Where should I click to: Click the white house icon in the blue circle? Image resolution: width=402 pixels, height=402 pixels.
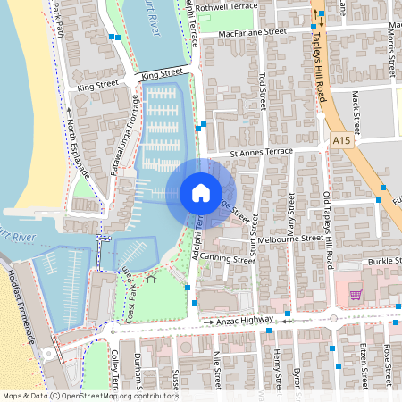click(200, 192)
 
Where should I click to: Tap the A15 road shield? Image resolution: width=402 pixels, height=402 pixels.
click(341, 141)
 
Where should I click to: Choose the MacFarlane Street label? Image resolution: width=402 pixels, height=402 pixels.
click(253, 30)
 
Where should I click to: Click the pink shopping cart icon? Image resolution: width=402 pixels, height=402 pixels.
click(355, 295)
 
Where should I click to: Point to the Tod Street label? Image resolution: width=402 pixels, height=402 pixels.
click(262, 89)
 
